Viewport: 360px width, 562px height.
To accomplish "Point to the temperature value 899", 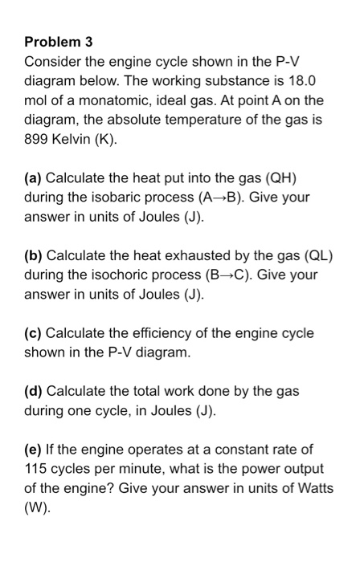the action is click(38, 140).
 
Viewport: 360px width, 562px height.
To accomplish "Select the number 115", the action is click(37, 469).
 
